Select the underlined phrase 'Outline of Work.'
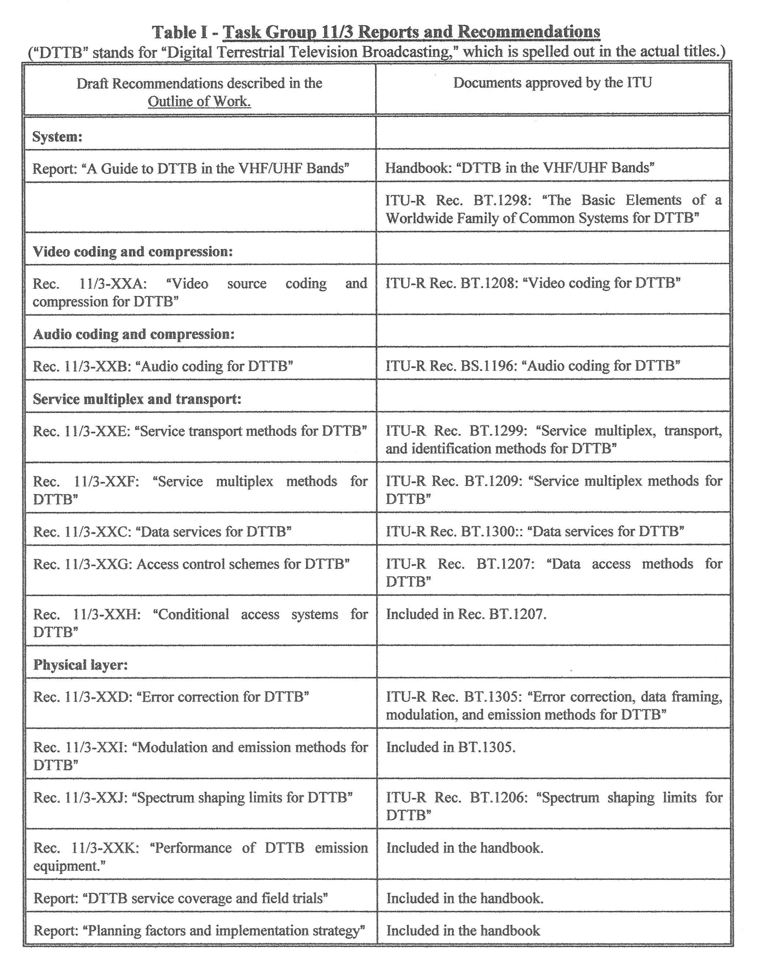point(199,102)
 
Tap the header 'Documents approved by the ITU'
point(552,82)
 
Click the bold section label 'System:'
point(57,136)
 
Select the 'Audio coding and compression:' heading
point(134,334)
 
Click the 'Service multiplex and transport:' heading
point(137,399)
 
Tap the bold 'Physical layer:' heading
point(81,665)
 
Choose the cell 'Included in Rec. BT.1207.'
point(466,614)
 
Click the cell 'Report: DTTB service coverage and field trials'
point(180,898)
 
